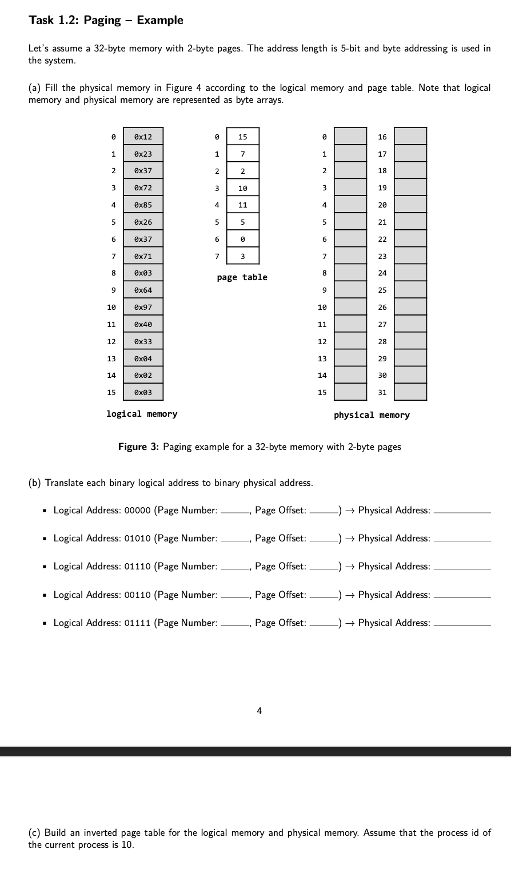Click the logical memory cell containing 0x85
coord(143,205)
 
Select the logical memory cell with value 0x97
coord(143,307)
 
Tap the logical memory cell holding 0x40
coord(143,324)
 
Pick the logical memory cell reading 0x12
coord(143,137)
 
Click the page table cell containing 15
coord(243,137)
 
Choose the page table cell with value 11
coord(243,205)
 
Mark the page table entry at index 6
coord(243,239)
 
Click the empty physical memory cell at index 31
coord(410,392)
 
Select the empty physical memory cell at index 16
coord(410,137)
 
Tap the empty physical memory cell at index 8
coord(350,273)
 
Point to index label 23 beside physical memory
coord(382,256)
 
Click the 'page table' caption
coord(242,277)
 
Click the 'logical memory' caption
coord(142,414)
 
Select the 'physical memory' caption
coord(372,415)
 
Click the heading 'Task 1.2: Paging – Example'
coord(106,21)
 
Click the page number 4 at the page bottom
coord(260,711)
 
